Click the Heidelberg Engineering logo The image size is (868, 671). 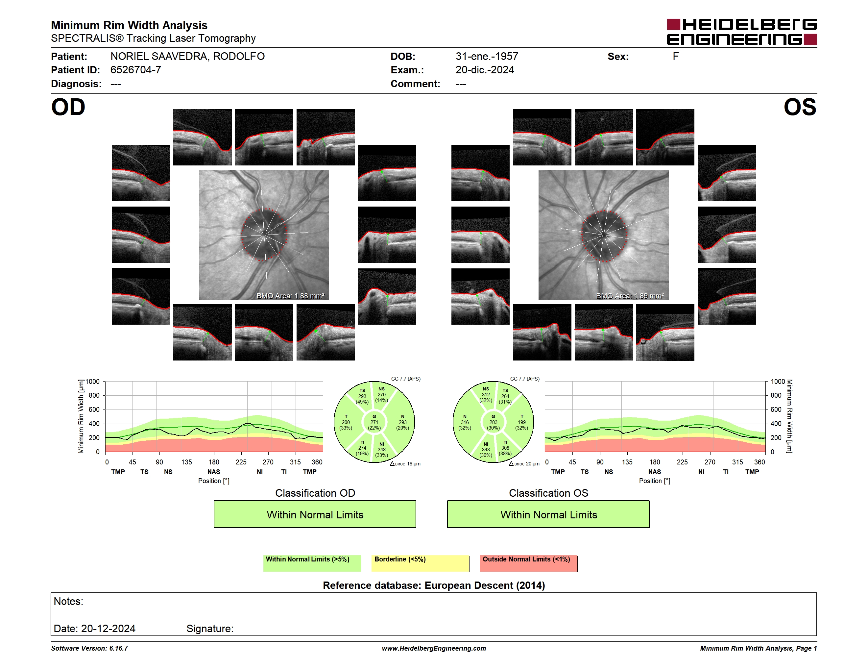coord(742,32)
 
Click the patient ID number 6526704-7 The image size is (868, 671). coord(135,70)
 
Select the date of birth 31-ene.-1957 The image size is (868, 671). coord(487,57)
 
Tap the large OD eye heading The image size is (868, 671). coord(68,107)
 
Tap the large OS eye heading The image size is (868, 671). coord(800,107)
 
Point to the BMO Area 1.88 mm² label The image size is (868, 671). coord(290,296)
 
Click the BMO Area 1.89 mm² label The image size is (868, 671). coord(630,296)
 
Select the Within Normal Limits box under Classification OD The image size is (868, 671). coord(315,514)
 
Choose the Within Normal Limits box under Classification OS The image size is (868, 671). coord(548,514)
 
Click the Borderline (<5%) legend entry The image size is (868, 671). coord(421,563)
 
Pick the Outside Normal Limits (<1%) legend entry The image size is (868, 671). coord(529,563)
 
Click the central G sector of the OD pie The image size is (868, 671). coord(374,422)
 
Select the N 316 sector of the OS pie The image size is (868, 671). coord(465,422)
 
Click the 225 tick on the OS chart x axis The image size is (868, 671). coord(682,462)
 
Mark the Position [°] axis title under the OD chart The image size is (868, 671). coord(214,481)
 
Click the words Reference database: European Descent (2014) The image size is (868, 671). coord(434,585)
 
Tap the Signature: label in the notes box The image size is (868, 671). coord(210,629)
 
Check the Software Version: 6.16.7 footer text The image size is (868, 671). coord(89,648)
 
